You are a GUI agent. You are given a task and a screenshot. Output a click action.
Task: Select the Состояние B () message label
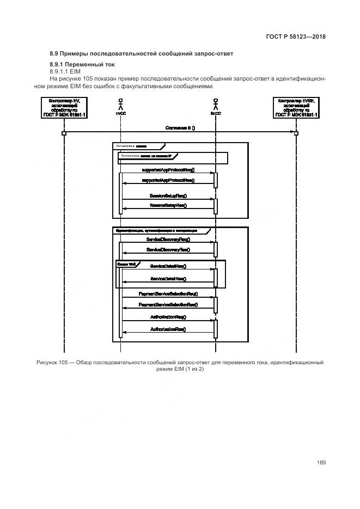tap(180, 128)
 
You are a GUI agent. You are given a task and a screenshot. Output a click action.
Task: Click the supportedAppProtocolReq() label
tap(168, 169)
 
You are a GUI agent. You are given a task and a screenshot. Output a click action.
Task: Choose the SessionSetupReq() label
tap(168, 195)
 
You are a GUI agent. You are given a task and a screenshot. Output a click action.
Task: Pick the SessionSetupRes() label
tap(168, 205)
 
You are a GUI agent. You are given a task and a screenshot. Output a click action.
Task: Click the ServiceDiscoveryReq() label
tap(168, 239)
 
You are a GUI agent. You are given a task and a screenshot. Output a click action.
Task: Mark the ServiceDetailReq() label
tap(168, 266)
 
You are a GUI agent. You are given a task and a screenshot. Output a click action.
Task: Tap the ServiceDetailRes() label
tap(168, 279)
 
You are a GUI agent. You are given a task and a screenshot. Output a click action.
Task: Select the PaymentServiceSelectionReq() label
tap(168, 293)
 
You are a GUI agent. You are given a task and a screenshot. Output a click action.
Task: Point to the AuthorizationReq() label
tap(168, 316)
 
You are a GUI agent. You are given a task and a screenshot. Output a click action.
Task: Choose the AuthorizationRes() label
tap(168, 329)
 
